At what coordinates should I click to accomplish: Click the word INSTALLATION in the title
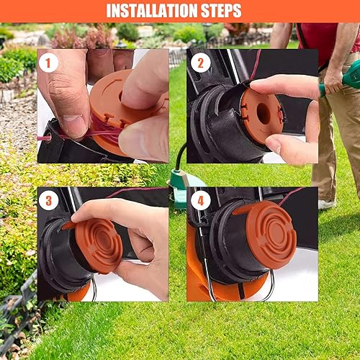152,11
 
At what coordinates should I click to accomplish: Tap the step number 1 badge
48,63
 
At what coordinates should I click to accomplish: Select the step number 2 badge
201,63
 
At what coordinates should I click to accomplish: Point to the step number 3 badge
48,200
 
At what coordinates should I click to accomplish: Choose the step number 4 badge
201,200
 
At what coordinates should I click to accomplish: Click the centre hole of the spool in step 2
264,114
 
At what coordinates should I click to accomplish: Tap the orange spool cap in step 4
270,232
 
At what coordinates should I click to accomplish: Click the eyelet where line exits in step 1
48,138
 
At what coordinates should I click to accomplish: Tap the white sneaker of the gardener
327,204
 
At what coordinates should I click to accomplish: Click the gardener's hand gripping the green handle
333,79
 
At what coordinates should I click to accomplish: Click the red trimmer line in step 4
291,196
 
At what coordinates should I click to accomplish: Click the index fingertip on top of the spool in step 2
258,84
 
